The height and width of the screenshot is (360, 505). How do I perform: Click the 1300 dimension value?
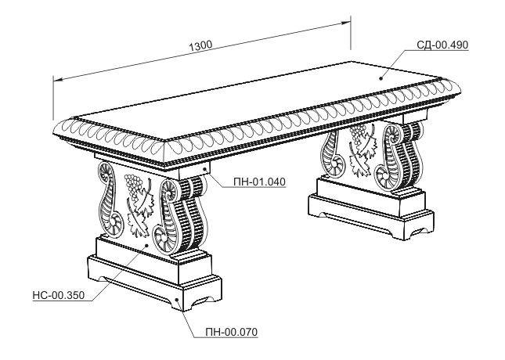coord(200,45)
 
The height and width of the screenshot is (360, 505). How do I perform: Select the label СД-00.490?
coord(442,45)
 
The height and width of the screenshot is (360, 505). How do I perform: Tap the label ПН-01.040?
coord(259,182)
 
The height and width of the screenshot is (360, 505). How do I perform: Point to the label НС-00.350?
coord(58,295)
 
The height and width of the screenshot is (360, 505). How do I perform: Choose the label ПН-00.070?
coord(232,332)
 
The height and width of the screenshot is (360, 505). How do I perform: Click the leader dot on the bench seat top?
coord(381,78)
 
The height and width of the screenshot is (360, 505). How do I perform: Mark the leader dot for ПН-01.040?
coord(205,168)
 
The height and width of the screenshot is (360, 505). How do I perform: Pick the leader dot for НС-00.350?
coord(147,246)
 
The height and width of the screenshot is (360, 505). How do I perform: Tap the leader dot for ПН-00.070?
coord(178,300)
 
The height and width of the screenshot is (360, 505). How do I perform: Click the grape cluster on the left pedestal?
coord(133,185)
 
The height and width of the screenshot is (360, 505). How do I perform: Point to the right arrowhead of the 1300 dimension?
coord(346,23)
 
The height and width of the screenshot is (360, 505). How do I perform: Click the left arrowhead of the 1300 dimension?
coord(58,79)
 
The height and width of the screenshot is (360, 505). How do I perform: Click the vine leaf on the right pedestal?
coord(363,153)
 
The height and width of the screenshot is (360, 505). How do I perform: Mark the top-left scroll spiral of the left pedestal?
coord(106,171)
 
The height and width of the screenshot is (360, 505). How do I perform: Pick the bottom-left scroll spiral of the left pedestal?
coord(115,223)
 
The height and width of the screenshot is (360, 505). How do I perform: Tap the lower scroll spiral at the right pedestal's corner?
coord(384,178)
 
